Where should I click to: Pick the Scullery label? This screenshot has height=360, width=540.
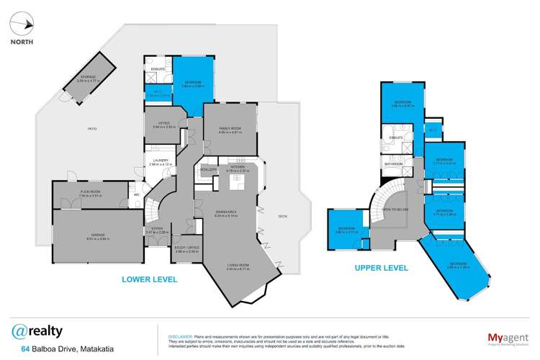[210, 170]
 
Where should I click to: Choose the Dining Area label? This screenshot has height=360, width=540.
[226, 213]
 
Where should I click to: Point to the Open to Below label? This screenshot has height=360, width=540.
[397, 209]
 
